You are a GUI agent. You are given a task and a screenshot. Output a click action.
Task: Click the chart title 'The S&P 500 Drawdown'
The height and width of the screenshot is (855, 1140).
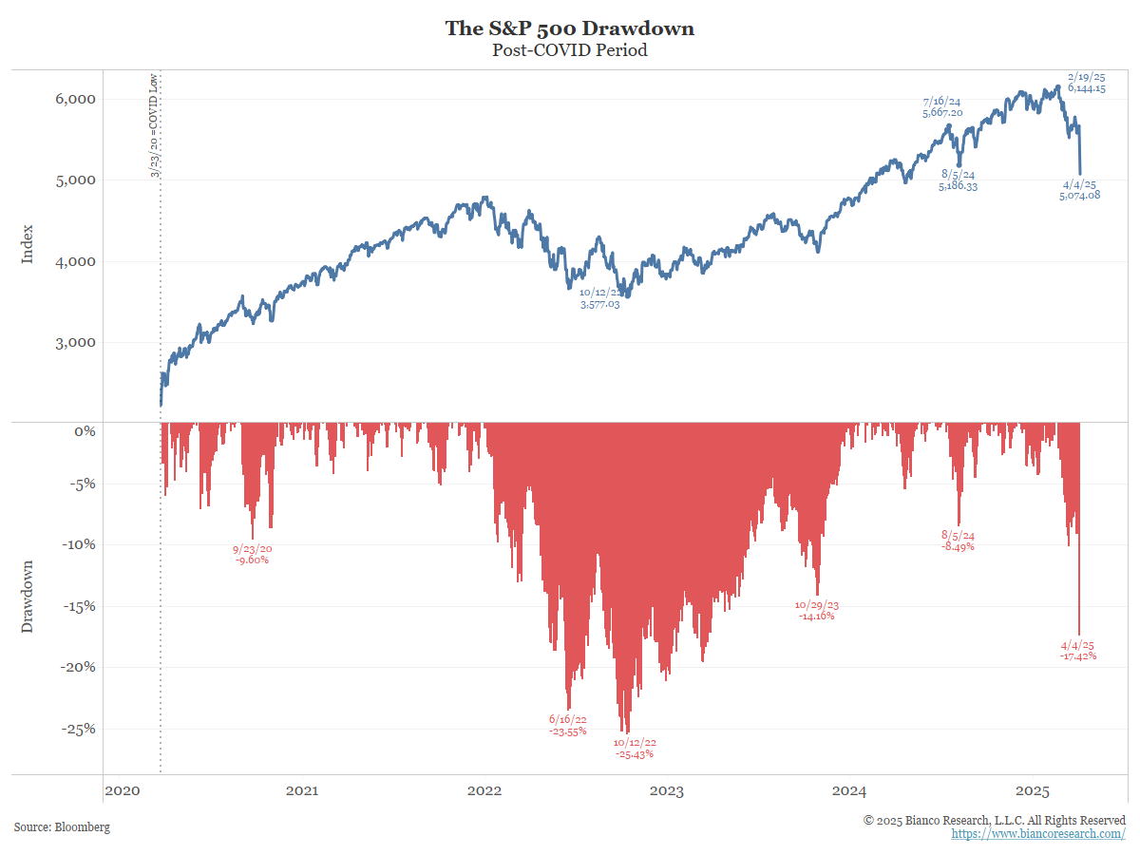coord(570,28)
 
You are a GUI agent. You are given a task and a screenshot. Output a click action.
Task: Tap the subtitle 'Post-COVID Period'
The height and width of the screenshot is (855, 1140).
coord(570,50)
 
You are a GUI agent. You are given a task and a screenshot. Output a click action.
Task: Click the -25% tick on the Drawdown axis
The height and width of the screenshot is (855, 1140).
coord(77,729)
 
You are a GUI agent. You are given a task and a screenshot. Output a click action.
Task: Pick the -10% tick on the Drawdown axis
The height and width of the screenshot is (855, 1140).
coord(77,544)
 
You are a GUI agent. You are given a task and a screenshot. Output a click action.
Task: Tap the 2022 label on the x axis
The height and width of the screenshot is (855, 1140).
coord(484,791)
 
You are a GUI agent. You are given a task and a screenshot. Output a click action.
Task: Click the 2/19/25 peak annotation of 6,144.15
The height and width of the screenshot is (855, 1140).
coord(1086,82)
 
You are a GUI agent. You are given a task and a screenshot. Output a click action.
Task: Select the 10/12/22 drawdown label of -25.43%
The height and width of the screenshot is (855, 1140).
coord(635,749)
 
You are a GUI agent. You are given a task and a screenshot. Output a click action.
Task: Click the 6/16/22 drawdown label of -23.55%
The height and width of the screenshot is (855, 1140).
coord(568,725)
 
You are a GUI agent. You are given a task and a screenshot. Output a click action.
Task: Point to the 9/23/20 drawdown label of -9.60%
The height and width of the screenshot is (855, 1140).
coord(252,554)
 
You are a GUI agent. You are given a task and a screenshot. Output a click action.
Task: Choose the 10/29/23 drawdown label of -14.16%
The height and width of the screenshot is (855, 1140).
coord(816,610)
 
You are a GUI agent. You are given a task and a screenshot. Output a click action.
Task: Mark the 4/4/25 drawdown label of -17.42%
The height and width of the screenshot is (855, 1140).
coord(1078,650)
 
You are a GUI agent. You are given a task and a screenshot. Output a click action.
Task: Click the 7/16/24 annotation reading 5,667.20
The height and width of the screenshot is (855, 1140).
coord(942,106)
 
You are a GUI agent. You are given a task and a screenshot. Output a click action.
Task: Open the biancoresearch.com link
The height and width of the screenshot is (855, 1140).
coord(1038,833)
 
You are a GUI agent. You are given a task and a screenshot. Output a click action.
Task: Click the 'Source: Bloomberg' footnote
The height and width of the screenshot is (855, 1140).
coord(62,827)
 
